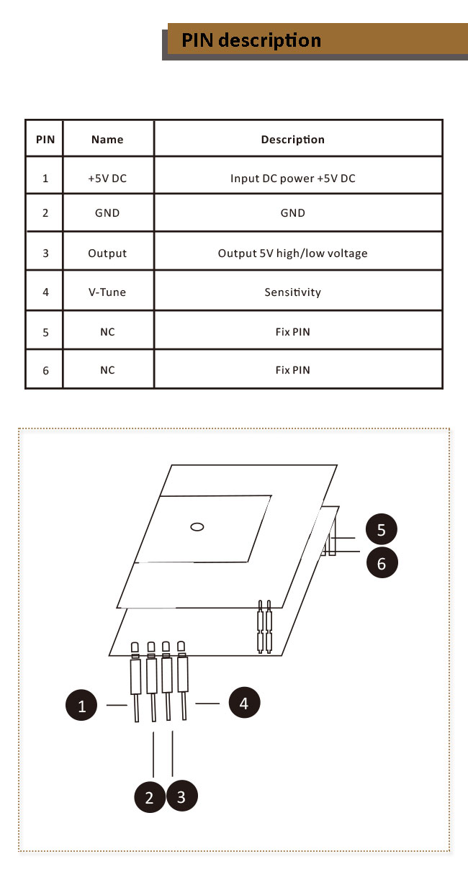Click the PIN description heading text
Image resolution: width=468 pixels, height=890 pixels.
251,40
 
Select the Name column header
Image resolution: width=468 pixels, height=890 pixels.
107,140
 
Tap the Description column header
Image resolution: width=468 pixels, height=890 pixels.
293,140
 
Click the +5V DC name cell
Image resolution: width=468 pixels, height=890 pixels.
107,179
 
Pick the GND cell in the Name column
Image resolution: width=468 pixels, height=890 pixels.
107,213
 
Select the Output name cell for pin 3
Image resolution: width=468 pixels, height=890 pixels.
107,253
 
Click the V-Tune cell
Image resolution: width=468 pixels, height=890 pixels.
107,292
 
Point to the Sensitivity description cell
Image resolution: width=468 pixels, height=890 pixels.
293,292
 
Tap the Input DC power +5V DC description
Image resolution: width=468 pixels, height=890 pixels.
293,179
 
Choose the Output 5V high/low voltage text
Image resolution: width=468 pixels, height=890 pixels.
293,253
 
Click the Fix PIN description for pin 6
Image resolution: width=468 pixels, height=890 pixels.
293,370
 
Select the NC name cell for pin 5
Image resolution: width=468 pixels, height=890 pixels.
107,332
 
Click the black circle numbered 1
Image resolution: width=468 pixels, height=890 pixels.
81,705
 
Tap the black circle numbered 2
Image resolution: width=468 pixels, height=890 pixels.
149,796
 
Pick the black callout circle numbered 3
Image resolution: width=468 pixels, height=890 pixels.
181,796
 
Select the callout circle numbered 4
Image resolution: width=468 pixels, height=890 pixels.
244,703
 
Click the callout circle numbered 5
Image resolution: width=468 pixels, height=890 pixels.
382,529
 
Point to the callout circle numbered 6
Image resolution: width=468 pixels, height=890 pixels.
382,562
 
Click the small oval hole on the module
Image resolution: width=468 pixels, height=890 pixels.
197,527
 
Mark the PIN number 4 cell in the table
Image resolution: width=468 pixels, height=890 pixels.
45,292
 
